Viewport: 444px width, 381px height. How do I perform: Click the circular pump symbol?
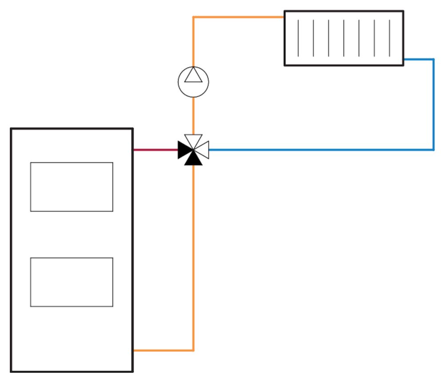click(x=193, y=82)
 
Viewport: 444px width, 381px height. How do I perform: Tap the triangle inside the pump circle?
click(x=193, y=76)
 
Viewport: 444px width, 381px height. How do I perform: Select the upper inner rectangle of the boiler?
click(x=71, y=187)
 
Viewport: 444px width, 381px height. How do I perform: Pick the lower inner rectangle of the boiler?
click(x=71, y=282)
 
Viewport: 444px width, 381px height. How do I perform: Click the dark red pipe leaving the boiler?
click(x=155, y=150)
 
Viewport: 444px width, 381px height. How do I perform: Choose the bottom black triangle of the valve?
click(x=193, y=159)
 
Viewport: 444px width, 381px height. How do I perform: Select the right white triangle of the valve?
click(x=202, y=150)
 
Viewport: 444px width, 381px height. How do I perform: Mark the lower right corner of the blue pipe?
click(x=433, y=150)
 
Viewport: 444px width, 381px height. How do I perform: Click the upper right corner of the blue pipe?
click(x=433, y=59)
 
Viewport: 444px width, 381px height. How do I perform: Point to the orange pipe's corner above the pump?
click(x=193, y=17)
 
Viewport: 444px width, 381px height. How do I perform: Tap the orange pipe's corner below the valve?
click(x=193, y=350)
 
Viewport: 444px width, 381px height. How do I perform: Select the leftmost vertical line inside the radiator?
click(x=298, y=38)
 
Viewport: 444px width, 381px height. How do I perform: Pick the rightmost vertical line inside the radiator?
click(x=390, y=38)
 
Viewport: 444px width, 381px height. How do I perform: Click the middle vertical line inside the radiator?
click(x=344, y=38)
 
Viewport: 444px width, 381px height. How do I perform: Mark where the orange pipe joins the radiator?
click(x=284, y=17)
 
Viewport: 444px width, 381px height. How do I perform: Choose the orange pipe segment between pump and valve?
click(x=193, y=115)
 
